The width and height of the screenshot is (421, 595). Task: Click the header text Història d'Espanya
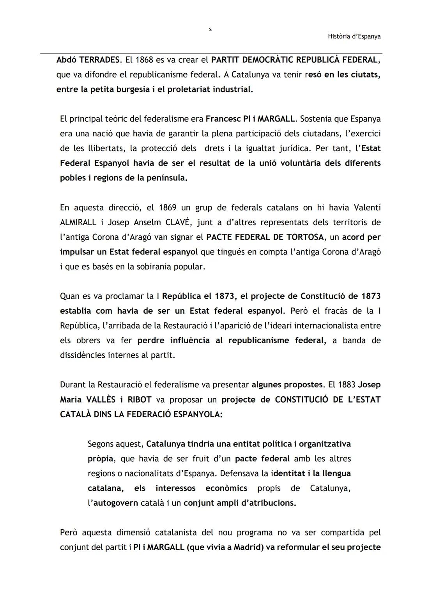[x=354, y=36]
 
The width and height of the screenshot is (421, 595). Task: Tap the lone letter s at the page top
[x=210, y=29]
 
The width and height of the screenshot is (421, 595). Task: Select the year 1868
[x=143, y=60]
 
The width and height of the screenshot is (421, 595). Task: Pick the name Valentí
[x=366, y=208]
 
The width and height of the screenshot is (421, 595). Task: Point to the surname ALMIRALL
[x=78, y=222]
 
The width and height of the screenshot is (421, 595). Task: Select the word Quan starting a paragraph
[x=70, y=296]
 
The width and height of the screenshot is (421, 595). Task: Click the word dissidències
[x=83, y=355]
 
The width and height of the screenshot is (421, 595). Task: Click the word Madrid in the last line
[x=248, y=547]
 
